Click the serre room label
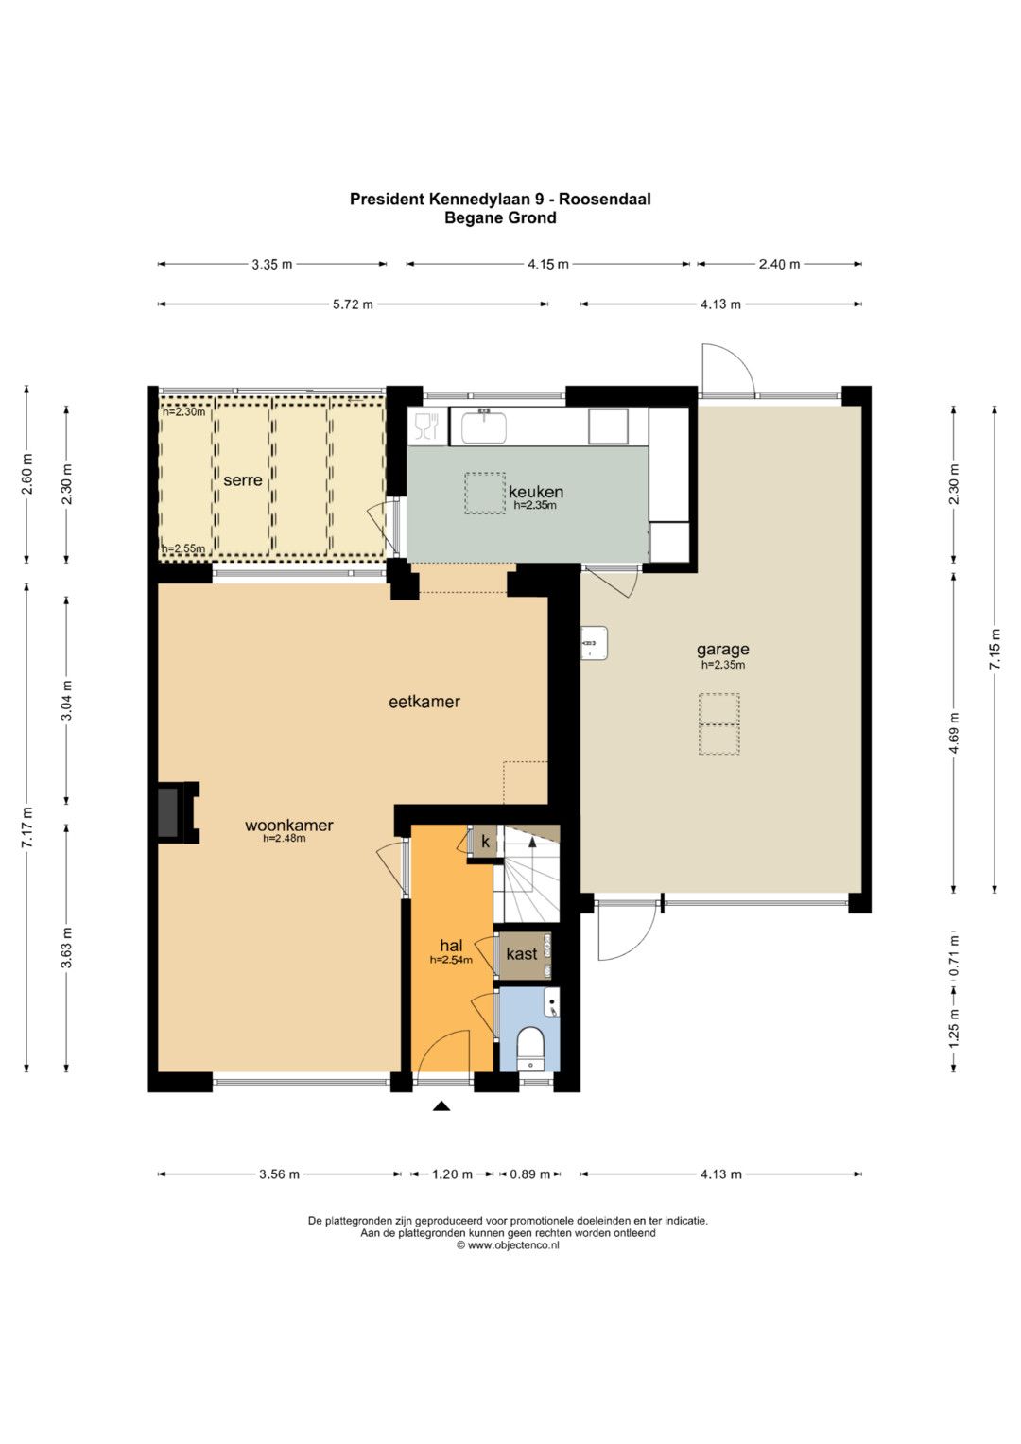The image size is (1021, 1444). [242, 480]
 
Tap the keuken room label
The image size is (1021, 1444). [536, 492]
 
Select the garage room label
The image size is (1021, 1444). [722, 650]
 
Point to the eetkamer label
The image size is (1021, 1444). [424, 702]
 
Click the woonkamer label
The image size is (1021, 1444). [288, 826]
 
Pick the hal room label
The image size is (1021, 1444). [451, 946]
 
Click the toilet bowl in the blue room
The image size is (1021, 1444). [531, 1048]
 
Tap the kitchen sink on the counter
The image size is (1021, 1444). [483, 426]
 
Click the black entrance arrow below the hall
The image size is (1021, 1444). [441, 1106]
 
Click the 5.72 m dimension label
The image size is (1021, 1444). [353, 304]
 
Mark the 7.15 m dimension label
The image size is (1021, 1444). [995, 649]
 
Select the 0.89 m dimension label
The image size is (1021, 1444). [529, 1174]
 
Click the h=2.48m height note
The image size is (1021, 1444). [285, 838]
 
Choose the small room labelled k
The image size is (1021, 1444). [485, 842]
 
